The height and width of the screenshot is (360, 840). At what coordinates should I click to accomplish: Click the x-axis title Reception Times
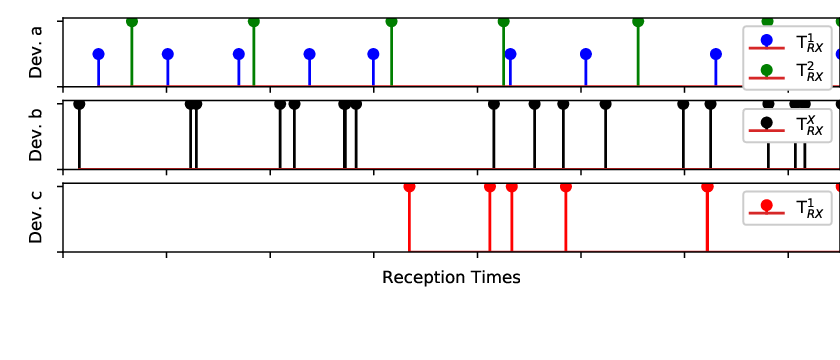coord(451,278)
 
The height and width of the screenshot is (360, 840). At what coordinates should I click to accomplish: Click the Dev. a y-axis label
coord(35,52)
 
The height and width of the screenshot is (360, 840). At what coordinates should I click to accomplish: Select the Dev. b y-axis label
coord(35,135)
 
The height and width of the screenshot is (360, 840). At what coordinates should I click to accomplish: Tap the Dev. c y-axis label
coord(35,218)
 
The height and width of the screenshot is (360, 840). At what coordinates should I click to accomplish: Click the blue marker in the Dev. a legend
coord(767,40)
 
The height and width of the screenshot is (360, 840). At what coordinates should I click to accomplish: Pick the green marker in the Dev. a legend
coord(767,70)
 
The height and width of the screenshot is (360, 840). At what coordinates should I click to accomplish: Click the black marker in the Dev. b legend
coord(767,123)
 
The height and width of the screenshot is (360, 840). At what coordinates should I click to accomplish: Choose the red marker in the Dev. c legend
coord(767,205)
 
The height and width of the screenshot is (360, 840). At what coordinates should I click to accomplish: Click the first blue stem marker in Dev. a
coord(99,54)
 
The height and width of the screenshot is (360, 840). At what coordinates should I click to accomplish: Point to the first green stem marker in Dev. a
coord(132,21)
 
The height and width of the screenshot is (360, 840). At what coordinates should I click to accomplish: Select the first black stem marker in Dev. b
coord(79,104)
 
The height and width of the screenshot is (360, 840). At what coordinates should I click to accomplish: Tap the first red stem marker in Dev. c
coord(409,186)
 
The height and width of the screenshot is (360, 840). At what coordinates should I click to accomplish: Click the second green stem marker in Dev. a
coord(254,21)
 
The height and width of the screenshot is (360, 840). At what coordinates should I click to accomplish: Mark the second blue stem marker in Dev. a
coord(168,54)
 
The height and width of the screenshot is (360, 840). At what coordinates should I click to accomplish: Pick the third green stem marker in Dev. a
coord(392,21)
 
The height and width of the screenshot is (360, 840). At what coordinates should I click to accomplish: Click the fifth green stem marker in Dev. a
coord(638,21)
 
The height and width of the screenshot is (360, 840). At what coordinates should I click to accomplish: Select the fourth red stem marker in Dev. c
coord(566,186)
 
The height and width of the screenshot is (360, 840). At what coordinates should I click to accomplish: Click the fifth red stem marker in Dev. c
coord(707,186)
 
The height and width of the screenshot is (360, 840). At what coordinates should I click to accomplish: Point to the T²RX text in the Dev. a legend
coord(807,72)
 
